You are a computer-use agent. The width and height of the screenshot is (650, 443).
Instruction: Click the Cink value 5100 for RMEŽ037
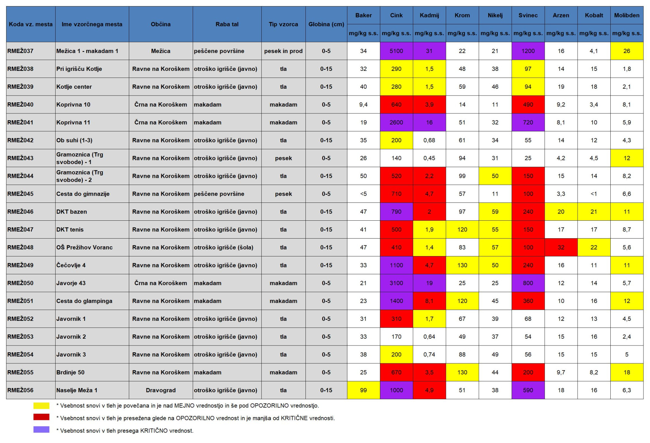[x=396, y=51]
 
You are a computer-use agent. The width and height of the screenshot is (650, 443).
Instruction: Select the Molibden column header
[x=627, y=15]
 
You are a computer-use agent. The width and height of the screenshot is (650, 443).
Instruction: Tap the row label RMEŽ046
[x=20, y=212]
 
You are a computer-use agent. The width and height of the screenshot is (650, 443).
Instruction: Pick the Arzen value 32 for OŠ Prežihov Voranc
[x=561, y=247]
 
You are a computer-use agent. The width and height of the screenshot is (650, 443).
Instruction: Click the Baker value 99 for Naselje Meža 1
[x=363, y=390]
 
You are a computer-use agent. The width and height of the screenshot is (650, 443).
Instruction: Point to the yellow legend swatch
[x=41, y=406]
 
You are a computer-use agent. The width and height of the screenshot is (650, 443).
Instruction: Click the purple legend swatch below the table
[x=41, y=430]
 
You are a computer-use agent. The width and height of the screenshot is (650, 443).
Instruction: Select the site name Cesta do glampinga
[x=84, y=301]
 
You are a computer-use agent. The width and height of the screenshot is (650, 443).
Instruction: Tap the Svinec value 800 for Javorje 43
[x=528, y=283]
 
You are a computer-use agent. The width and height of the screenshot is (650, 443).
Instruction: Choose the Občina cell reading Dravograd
[x=161, y=390]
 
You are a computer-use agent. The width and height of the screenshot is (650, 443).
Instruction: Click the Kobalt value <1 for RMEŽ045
[x=594, y=194]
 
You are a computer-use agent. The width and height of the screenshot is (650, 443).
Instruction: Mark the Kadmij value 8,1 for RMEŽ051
[x=429, y=301]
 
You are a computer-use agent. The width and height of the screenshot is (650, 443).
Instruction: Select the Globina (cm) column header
[x=326, y=24]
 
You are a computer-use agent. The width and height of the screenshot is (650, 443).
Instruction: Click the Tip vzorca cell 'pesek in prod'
[x=283, y=51]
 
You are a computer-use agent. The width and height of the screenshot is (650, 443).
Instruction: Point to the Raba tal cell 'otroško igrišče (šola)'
[x=224, y=247]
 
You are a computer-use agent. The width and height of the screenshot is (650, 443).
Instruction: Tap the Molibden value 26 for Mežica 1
[x=627, y=51]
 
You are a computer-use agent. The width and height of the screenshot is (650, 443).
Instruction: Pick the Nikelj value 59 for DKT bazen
[x=495, y=212]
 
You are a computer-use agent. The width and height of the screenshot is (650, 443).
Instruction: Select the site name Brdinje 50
[x=70, y=372]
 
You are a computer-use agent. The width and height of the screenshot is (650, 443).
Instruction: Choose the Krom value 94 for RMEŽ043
[x=462, y=158]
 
